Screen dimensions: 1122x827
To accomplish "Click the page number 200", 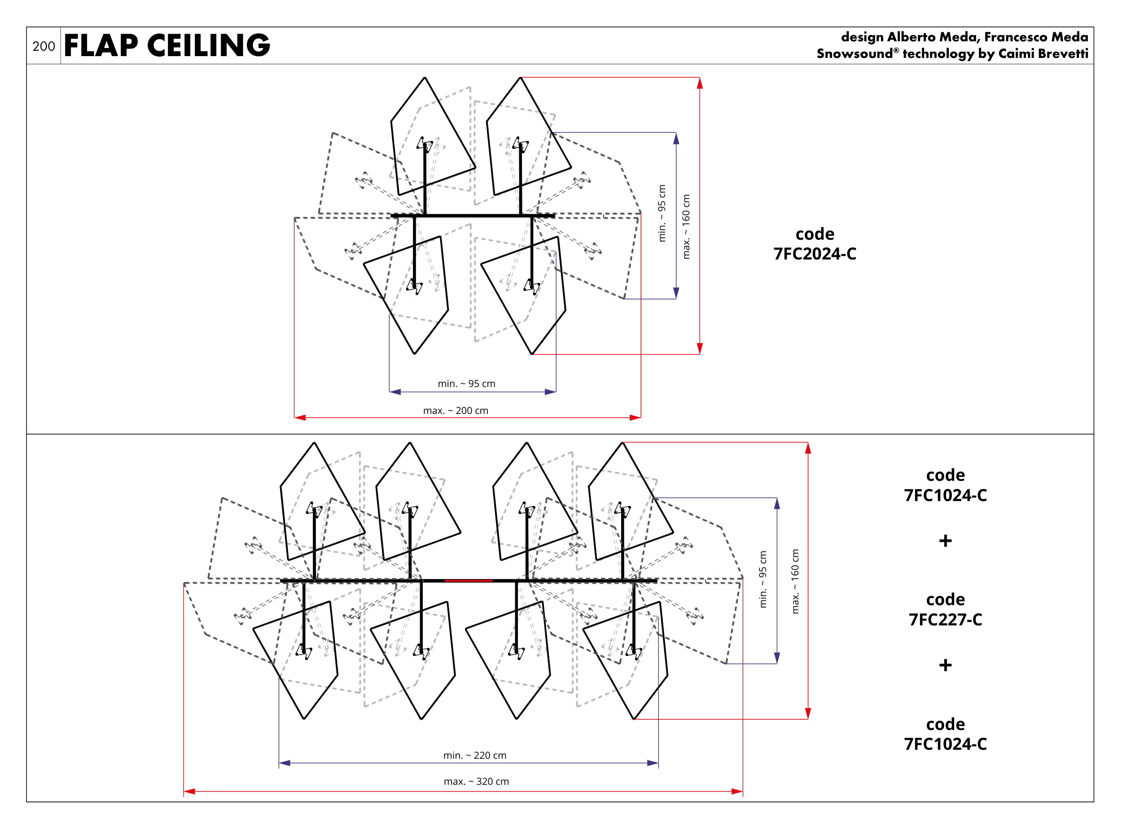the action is (44, 46).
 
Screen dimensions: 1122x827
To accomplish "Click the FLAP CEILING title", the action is (167, 45).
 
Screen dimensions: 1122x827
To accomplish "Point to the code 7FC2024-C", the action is (815, 254).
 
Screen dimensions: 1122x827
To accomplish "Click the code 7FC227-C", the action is (945, 619).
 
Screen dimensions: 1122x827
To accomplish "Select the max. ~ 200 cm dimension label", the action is (456, 410).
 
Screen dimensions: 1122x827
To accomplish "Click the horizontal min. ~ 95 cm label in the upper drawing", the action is (466, 383).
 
